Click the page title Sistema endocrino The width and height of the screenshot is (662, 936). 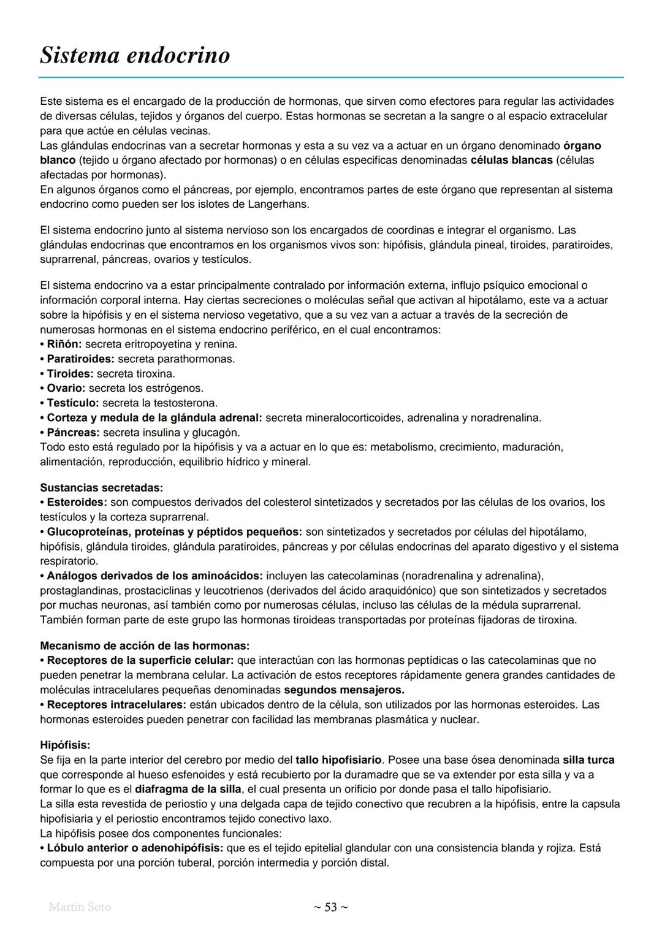135,55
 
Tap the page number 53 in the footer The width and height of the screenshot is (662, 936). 330,907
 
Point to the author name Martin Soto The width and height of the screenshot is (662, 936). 80,907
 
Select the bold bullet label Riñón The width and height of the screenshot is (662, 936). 64,344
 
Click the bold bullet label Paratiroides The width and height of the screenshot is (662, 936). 80,359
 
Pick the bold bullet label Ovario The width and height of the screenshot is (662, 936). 66,388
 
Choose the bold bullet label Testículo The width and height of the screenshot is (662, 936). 72,403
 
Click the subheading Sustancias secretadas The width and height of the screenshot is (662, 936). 101,487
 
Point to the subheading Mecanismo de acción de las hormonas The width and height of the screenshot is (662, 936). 145,645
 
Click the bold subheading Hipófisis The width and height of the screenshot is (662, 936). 65,745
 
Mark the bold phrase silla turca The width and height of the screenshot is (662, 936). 588,759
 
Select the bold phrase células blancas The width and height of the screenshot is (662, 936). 511,160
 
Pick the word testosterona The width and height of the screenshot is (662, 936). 185,403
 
